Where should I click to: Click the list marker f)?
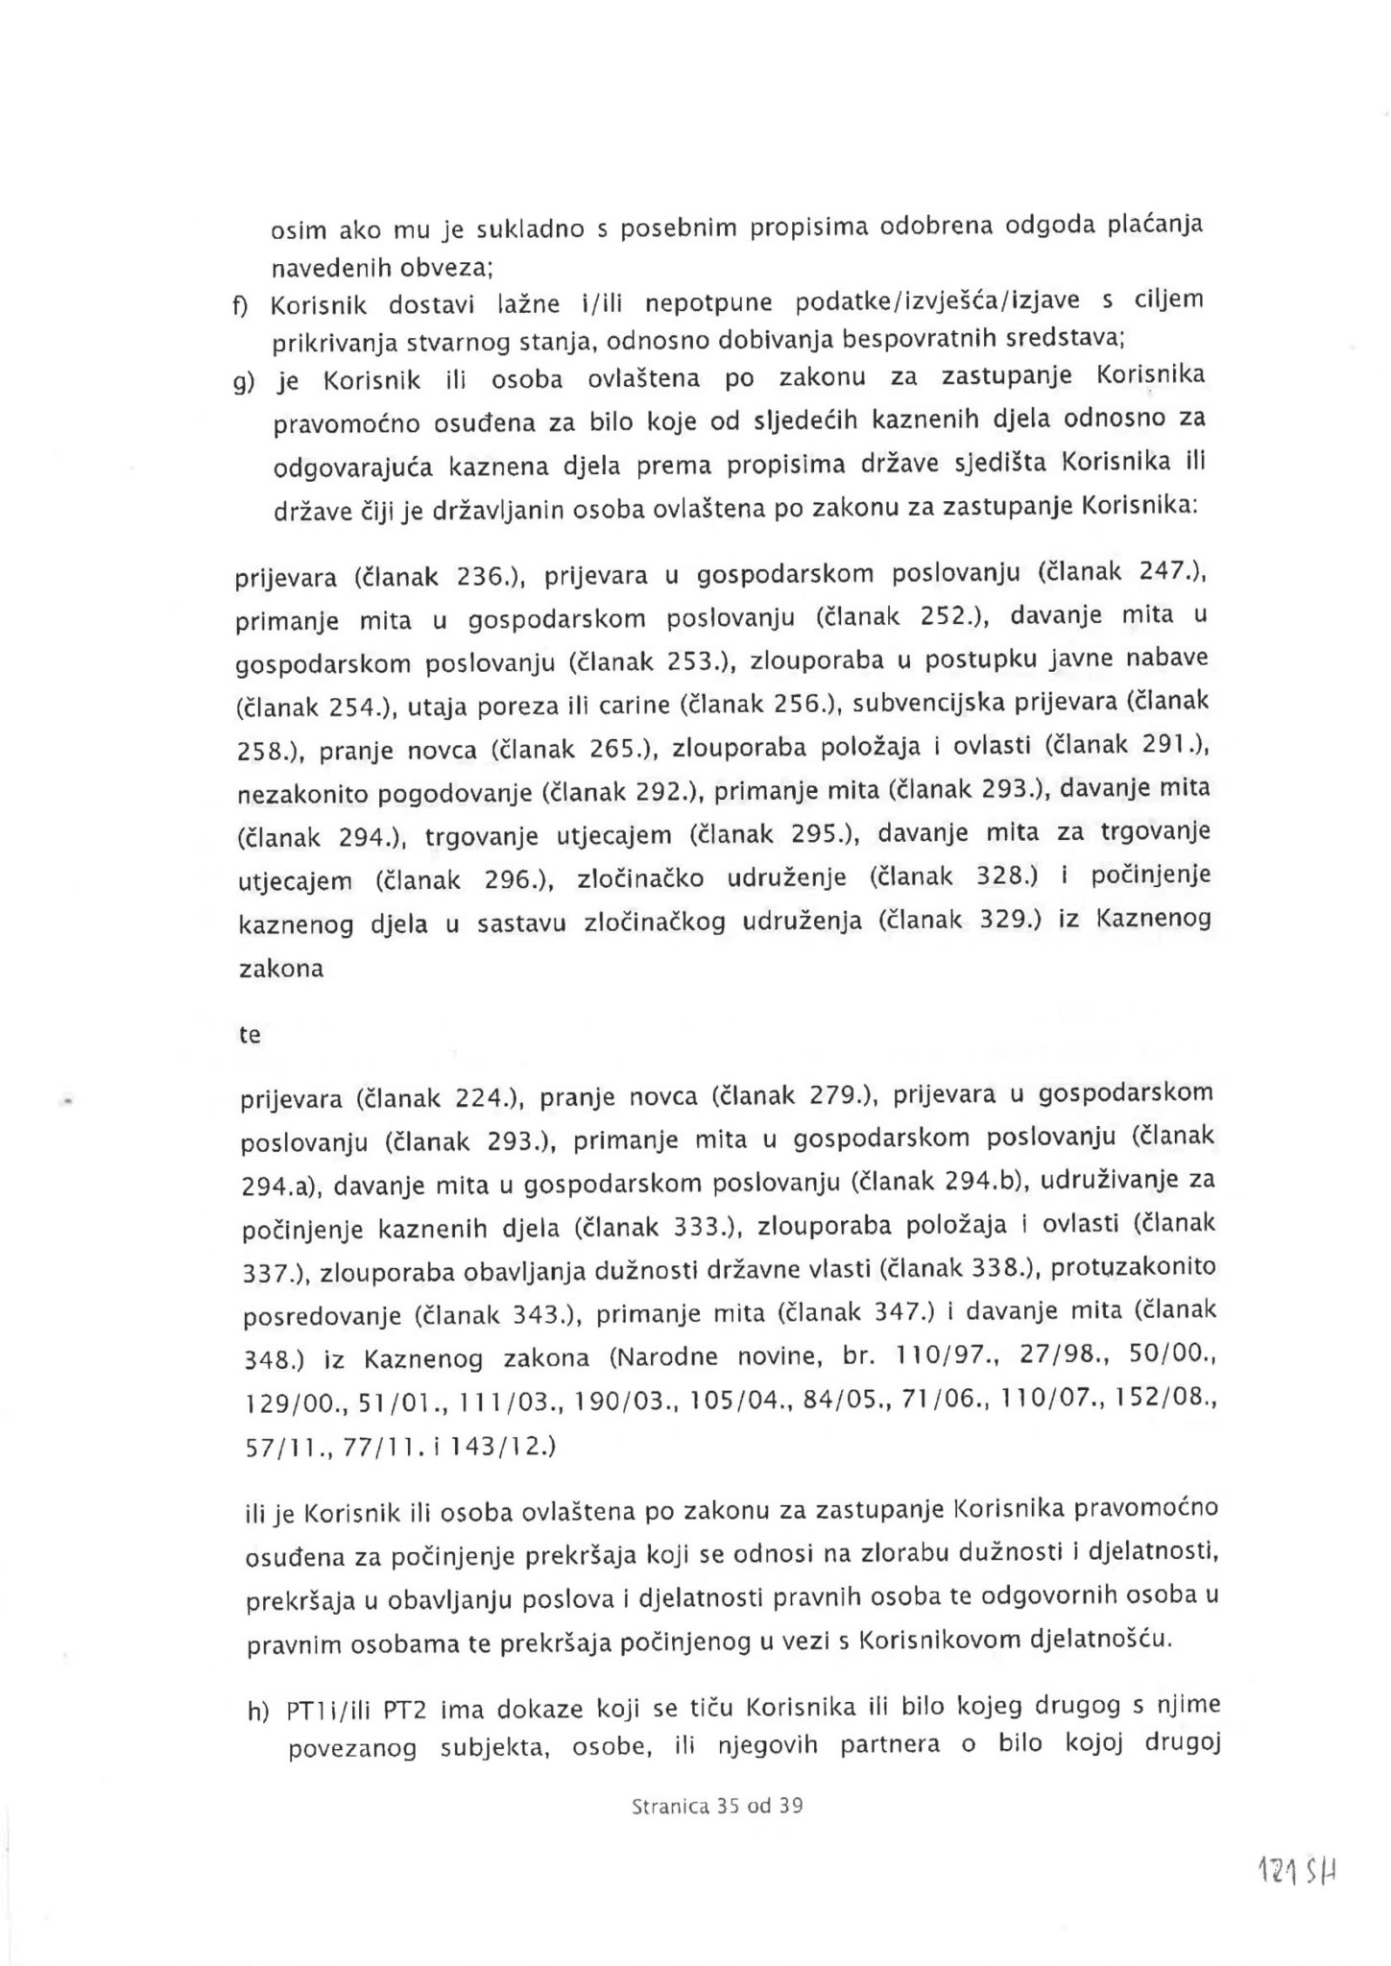[239, 305]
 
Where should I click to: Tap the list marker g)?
[244, 382]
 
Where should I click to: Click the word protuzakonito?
[1134, 1269]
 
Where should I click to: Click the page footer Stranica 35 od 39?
[717, 1806]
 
